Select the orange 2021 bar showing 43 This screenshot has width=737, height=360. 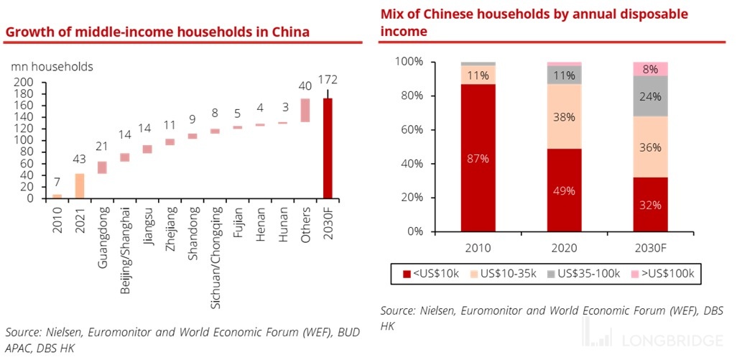click(x=79, y=185)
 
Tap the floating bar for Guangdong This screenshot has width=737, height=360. click(x=103, y=167)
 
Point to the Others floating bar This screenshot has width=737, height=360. click(x=305, y=110)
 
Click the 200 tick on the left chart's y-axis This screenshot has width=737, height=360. click(x=24, y=82)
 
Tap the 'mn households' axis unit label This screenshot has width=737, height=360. click(x=52, y=67)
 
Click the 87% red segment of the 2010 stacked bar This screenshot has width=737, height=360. click(x=478, y=158)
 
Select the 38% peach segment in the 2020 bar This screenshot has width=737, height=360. click(x=564, y=116)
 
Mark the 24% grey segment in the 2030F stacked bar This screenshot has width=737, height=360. click(x=649, y=96)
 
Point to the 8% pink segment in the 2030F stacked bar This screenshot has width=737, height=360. click(x=649, y=69)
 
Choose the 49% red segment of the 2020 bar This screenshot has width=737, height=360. click(x=564, y=190)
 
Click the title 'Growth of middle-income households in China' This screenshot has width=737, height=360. click(x=157, y=32)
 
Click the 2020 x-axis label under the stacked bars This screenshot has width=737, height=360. click(x=564, y=248)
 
